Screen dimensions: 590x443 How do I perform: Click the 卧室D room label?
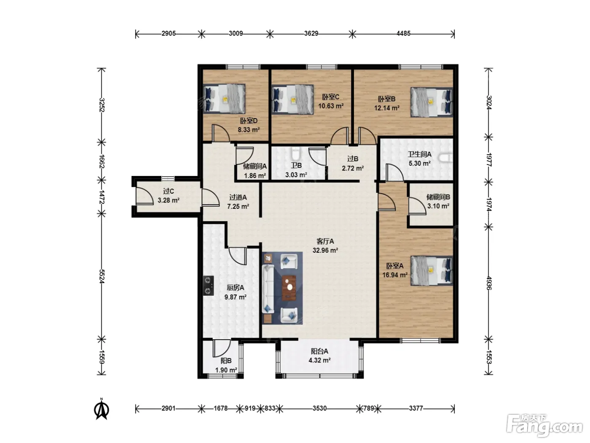tap(249, 121)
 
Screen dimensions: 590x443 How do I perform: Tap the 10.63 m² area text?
tap(331, 106)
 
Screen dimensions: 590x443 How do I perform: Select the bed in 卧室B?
tap(432, 102)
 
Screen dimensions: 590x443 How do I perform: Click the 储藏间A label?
tap(255, 167)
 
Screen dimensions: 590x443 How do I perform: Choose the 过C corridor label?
tap(169, 191)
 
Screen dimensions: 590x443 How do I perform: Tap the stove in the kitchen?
tap(208, 286)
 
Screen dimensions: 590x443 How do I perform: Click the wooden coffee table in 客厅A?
tap(289, 288)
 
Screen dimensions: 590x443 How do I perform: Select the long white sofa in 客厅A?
tap(268, 289)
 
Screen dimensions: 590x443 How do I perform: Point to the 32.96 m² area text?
tap(325, 251)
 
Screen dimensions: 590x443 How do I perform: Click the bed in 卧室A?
tap(432, 270)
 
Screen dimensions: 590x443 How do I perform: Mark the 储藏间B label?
tap(438, 197)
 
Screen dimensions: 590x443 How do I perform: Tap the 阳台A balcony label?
tap(319, 351)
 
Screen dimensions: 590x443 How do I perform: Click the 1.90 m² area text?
tap(226, 370)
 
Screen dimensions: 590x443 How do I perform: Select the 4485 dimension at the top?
tap(403, 33)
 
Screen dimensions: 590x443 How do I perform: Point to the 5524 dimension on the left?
tap(102, 276)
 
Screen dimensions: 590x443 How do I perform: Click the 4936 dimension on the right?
tap(489, 283)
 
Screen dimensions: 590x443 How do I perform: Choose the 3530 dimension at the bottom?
tap(319, 408)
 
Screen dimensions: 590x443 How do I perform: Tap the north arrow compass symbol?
tap(102, 409)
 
